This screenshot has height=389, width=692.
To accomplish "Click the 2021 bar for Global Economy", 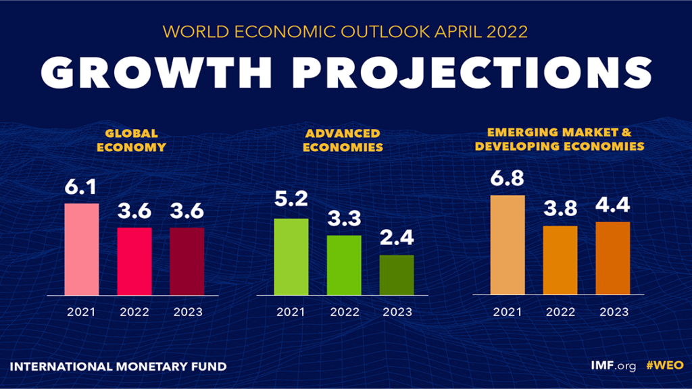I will click(x=82, y=249).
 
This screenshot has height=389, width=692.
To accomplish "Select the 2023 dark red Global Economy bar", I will click(x=187, y=261).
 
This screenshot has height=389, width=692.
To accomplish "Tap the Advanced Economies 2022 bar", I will click(x=344, y=265).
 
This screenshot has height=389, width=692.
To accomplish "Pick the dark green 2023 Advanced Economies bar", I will click(x=397, y=275).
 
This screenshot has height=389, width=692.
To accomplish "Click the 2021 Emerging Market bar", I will click(x=508, y=244).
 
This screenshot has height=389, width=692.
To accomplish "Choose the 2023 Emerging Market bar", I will click(x=613, y=258).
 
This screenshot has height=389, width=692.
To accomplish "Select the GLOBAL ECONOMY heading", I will click(x=131, y=140).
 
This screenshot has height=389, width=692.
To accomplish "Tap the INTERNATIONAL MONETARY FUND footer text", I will click(x=118, y=367).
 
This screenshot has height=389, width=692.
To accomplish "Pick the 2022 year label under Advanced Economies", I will click(x=344, y=313).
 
